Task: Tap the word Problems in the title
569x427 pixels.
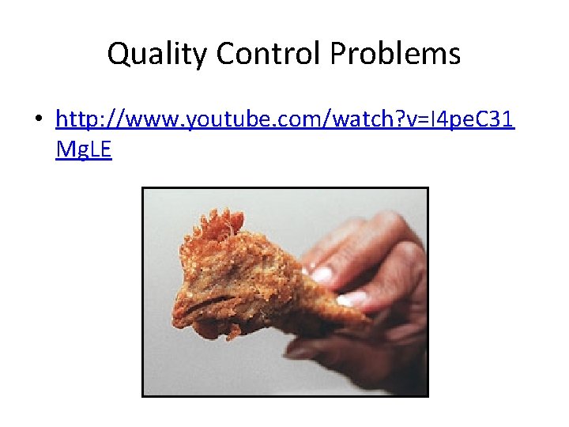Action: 396,54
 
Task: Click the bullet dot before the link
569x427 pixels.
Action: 38,121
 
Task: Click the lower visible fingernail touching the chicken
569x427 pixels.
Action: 351,299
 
